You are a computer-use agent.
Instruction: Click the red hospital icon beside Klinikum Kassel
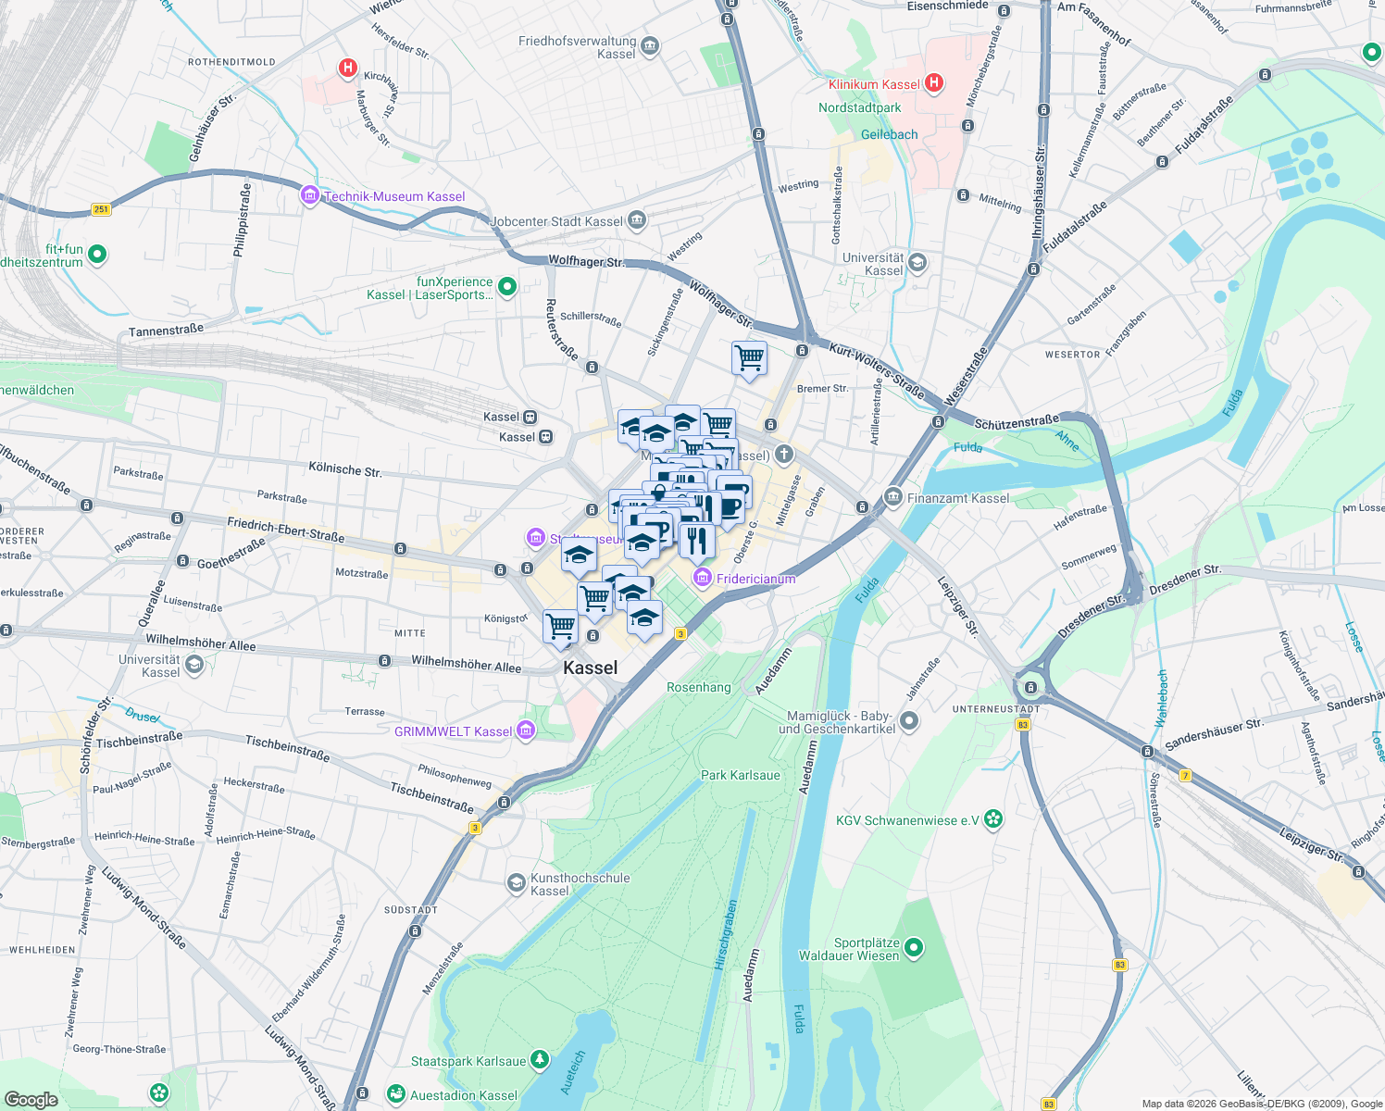point(934,83)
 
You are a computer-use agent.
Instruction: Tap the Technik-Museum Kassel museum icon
point(309,195)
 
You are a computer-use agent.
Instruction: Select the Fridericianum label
point(755,579)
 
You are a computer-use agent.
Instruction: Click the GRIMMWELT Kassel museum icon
point(526,730)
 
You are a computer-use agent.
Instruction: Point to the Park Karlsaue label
point(740,775)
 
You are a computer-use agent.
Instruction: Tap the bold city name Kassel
point(590,668)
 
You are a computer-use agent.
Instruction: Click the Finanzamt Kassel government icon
point(892,497)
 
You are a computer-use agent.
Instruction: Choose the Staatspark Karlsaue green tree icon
point(540,1061)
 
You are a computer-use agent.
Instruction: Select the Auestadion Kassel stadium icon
point(396,1094)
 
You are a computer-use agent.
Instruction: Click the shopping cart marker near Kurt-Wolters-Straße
point(749,357)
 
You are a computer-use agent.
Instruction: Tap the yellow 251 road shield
point(101,209)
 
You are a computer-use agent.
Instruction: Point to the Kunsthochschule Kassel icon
point(516,883)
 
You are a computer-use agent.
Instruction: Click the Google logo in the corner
point(31,1099)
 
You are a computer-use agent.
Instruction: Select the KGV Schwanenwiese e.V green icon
point(993,819)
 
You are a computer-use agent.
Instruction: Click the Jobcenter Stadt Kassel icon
point(636,220)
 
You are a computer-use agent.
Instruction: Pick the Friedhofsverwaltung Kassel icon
point(650,46)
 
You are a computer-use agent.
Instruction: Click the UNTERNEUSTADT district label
point(996,709)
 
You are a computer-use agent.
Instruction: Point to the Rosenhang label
point(698,687)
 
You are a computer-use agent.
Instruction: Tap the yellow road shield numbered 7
point(1185,775)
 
